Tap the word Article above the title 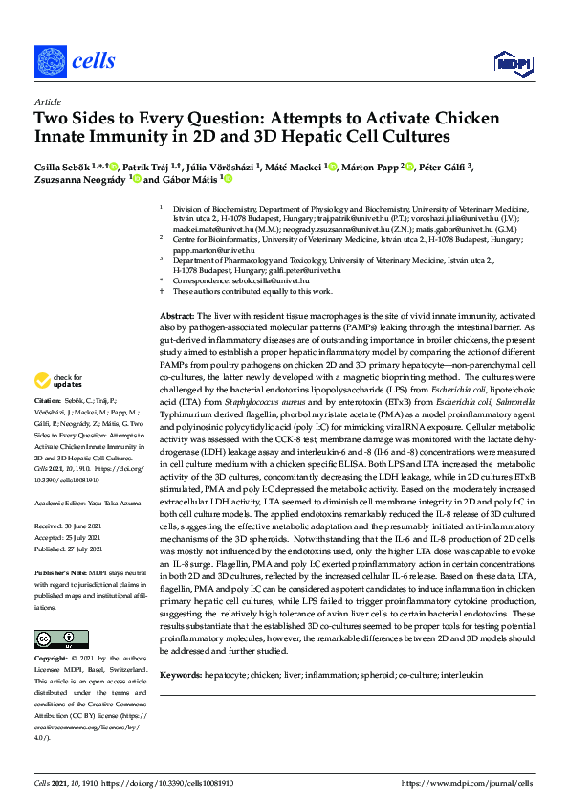point(48,101)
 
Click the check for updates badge point(60,382)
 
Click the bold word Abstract point(177,315)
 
